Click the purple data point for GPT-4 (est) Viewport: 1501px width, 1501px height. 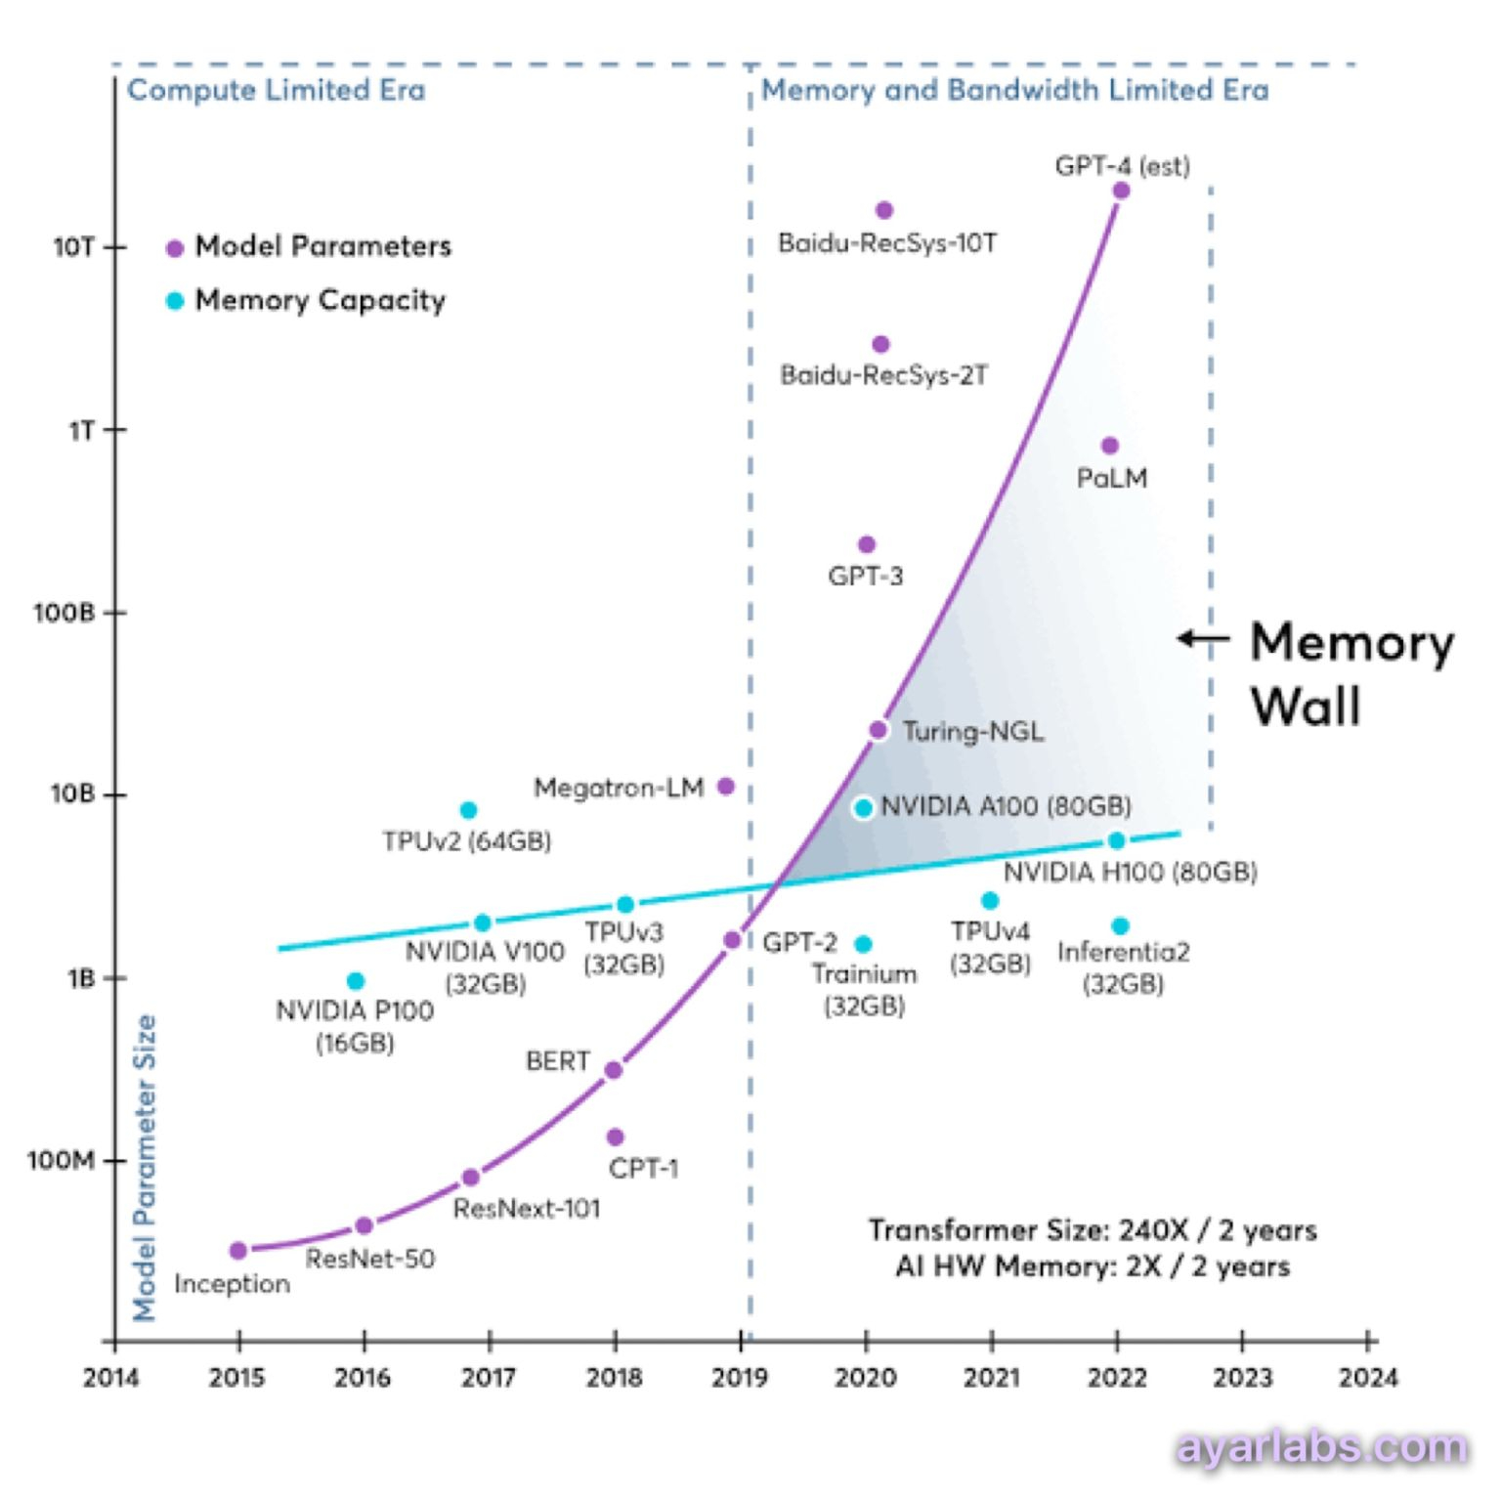pos(1121,191)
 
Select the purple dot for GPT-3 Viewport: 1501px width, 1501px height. pos(866,544)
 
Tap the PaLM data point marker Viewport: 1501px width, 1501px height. pos(1109,446)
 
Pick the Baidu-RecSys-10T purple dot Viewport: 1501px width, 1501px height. pos(884,210)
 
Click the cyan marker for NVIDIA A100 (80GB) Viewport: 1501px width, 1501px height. pos(863,808)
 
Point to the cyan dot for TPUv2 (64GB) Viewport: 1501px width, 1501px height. pos(468,810)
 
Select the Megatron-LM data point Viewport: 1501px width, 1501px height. pos(725,787)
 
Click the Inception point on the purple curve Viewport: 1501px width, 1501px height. pos(237,1251)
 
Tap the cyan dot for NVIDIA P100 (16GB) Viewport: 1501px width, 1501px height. pos(356,981)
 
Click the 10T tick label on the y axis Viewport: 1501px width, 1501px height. pos(74,247)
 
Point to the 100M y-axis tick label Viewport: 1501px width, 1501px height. pos(62,1161)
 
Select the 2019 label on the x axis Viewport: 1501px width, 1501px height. pos(740,1378)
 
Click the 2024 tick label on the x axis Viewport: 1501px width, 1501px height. pos(1368,1378)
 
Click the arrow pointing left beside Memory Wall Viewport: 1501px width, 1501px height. pos(1203,639)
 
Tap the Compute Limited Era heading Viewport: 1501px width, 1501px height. pos(277,90)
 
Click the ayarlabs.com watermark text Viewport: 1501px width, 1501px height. pos(1322,1447)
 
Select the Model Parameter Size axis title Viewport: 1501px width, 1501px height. pos(145,1168)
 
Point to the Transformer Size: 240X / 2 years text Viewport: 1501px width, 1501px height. pos(1093,1230)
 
